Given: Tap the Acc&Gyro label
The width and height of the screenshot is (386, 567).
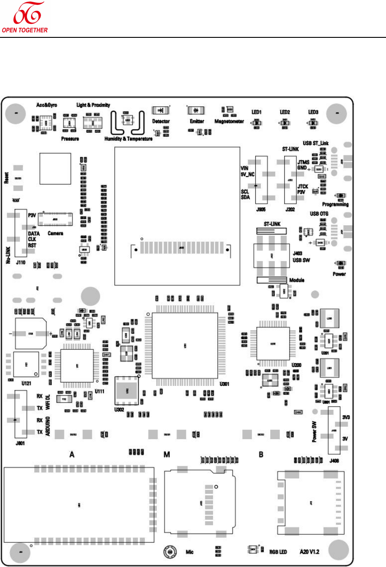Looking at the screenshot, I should click(x=46, y=104).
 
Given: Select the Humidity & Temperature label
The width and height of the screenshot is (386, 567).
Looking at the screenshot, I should click(x=128, y=139).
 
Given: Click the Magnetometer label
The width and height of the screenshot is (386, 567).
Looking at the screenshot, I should click(x=229, y=121).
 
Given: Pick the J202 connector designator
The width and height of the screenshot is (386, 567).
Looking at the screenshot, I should click(x=290, y=209).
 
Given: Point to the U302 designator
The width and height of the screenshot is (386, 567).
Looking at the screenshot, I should click(x=121, y=399).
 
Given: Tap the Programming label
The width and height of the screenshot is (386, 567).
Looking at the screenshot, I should click(x=336, y=204).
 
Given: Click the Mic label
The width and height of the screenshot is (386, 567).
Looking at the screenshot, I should click(x=190, y=551).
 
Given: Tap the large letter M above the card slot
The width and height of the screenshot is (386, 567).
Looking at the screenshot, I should click(x=167, y=454).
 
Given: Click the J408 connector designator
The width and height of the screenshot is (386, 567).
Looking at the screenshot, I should click(x=334, y=460).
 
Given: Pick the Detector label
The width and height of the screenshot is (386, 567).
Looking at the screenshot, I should click(x=161, y=122).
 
